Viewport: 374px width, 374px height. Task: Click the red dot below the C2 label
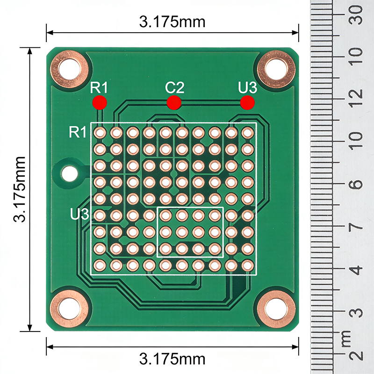pyautogui.click(x=174, y=102)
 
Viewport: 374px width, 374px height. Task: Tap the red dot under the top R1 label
pyautogui.click(x=100, y=102)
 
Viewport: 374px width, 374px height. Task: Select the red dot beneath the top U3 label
pyautogui.click(x=247, y=102)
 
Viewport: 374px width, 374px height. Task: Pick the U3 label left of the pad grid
pyautogui.click(x=79, y=215)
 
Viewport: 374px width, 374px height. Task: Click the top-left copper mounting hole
pyautogui.click(x=70, y=70)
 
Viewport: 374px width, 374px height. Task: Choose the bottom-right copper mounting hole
pyautogui.click(x=276, y=309)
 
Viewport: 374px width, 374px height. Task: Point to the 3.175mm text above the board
pyautogui.click(x=172, y=22)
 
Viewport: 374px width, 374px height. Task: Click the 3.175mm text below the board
pyautogui.click(x=172, y=359)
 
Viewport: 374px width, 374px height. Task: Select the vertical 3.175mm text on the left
pyautogui.click(x=19, y=189)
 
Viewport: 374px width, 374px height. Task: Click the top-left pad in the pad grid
pyautogui.click(x=100, y=133)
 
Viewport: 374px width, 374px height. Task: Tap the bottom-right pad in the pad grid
pyautogui.click(x=247, y=265)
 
